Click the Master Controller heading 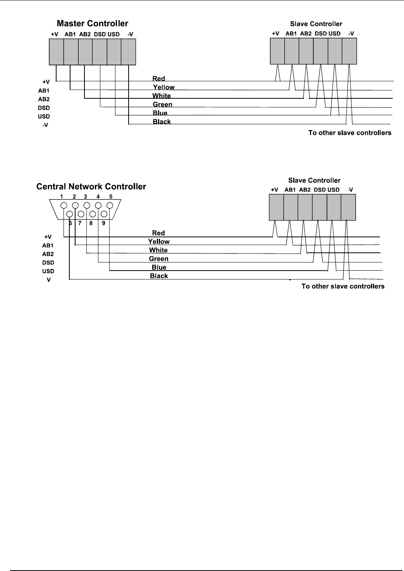coord(92,24)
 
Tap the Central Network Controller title coord(91,187)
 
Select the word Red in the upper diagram coord(159,79)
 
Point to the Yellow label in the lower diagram coord(159,242)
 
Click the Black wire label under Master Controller coord(162,122)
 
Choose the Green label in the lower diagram coord(159,259)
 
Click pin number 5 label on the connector coord(111,197)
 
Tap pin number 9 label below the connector coord(103,223)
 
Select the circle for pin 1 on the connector coord(64,206)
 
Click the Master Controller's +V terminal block coord(56,51)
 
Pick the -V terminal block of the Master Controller coord(129,51)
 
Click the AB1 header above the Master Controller coord(70,34)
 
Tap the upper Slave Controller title coord(316,24)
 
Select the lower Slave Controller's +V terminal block coord(276,207)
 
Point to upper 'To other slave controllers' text coord(350,133)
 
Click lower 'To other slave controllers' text coord(343,286)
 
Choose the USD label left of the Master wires coord(44,117)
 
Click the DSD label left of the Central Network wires coord(48,263)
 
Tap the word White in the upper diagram coord(162,96)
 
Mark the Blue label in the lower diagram coord(159,267)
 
